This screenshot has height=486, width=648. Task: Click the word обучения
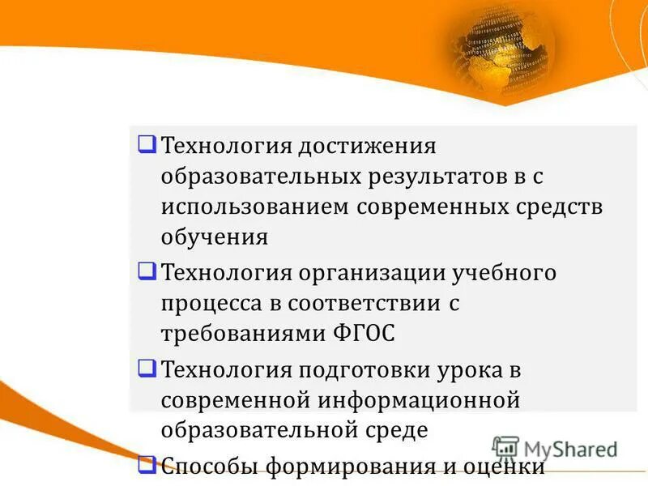coord(214,237)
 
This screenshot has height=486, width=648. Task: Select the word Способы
coord(211,467)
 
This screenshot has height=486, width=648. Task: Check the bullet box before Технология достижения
coord(147,145)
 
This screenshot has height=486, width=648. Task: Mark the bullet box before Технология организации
coord(147,271)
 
